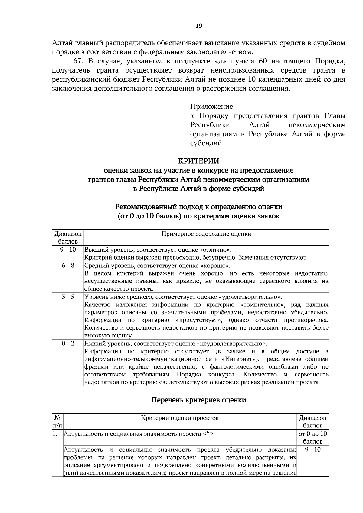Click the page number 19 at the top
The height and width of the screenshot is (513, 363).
tap(198, 26)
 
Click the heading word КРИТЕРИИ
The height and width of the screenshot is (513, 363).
tap(198, 161)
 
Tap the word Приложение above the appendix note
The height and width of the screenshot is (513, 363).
tap(211, 107)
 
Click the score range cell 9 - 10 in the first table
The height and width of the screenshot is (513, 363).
tap(68, 250)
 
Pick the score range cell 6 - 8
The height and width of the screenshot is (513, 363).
tap(68, 266)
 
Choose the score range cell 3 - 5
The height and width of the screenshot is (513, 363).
tap(68, 297)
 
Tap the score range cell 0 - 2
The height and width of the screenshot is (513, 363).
tap(68, 344)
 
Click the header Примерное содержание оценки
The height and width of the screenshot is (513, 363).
tap(206, 234)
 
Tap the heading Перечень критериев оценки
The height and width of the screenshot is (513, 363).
tap(198, 400)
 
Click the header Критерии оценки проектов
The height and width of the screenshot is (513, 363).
tap(180, 418)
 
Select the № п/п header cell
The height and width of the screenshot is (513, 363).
tap(57, 421)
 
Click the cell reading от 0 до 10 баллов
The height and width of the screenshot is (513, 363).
tap(312, 437)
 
